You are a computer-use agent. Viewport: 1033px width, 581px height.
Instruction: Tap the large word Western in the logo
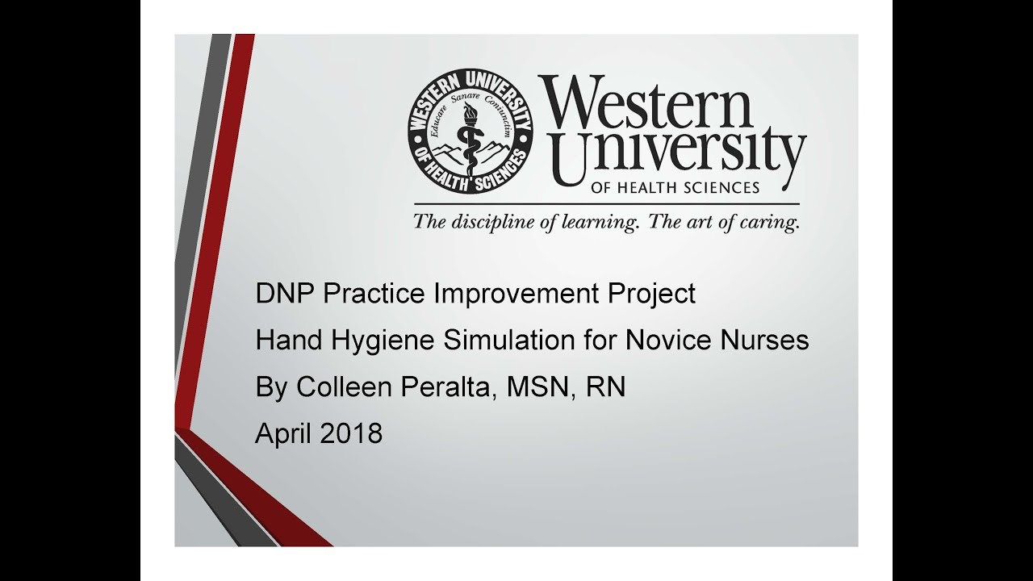coord(646,102)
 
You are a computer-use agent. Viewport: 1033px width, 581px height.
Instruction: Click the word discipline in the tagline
coord(487,222)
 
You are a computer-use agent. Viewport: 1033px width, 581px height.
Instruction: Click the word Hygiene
coord(383,341)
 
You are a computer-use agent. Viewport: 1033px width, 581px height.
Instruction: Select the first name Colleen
coord(345,387)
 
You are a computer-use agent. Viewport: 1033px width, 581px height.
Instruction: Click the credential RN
coord(605,387)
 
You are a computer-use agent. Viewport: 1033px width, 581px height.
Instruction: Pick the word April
coord(284,435)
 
